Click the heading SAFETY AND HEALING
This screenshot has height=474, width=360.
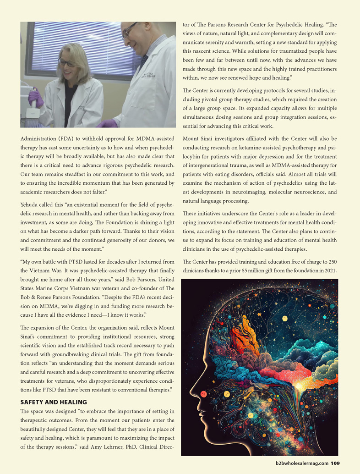pyautogui.click(x=54, y=402)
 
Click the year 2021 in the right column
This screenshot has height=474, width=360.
pyautogui.click(x=329, y=270)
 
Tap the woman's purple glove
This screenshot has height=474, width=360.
pyautogui.click(x=36, y=98)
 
